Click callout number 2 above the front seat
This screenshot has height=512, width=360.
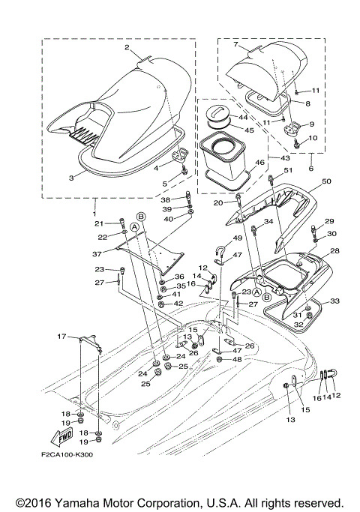(x=127, y=47)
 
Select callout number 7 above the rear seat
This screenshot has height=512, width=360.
(x=236, y=45)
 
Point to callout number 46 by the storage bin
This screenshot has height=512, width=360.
(x=260, y=162)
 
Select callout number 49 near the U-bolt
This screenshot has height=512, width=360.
(x=237, y=238)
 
